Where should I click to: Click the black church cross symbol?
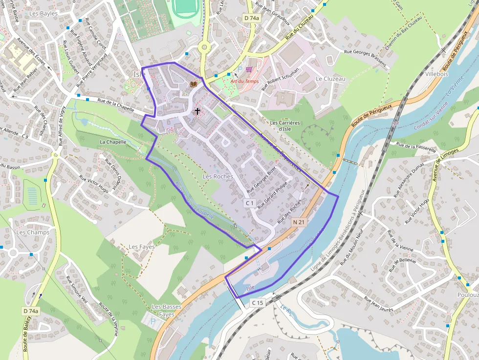pyautogui.click(x=197, y=111)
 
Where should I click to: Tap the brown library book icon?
pyautogui.click(x=194, y=84)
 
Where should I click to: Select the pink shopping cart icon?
pyautogui.click(x=249, y=70)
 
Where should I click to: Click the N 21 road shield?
pyautogui.click(x=299, y=222)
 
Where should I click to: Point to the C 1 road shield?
pyautogui.click(x=250, y=202)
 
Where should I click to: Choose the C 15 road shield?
pyautogui.click(x=258, y=303)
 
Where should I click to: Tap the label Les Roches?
pyautogui.click(x=218, y=176)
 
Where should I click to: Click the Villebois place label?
pyautogui.click(x=436, y=74)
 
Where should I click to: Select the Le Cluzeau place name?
pyautogui.click(x=330, y=79)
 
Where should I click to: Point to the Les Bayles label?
pyautogui.click(x=43, y=14)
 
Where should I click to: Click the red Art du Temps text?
pyautogui.click(x=245, y=81)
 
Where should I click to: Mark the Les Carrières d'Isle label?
pyautogui.click(x=284, y=126)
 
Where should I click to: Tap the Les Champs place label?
pyautogui.click(x=33, y=232)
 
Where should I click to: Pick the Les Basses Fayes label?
pyautogui.click(x=167, y=311)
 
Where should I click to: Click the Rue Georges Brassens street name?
pyautogui.click(x=365, y=58)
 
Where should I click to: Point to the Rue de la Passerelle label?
pyautogui.click(x=415, y=148)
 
